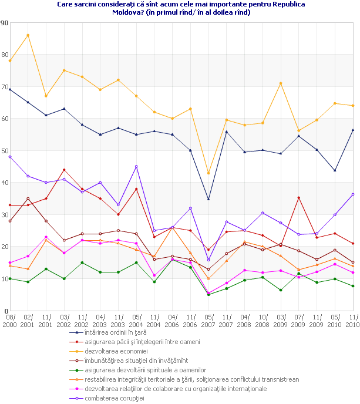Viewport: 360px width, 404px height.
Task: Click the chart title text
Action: point(181,8)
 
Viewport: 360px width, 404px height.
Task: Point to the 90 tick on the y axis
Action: point(5,23)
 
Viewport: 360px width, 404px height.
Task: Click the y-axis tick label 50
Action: point(5,151)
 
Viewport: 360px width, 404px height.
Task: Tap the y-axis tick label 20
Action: point(5,247)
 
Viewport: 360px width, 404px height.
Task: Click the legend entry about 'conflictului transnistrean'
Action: point(191,379)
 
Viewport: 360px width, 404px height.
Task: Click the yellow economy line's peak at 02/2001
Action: point(28,35)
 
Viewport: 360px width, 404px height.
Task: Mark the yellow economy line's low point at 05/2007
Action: point(208,173)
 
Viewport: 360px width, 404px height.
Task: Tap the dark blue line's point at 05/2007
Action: point(208,199)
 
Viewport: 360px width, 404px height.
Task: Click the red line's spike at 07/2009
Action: point(299,197)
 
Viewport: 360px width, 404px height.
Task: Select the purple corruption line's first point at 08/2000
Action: point(10,157)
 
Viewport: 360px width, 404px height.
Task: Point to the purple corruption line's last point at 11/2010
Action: point(353,194)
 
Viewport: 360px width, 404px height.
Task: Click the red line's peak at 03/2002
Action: point(64,170)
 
